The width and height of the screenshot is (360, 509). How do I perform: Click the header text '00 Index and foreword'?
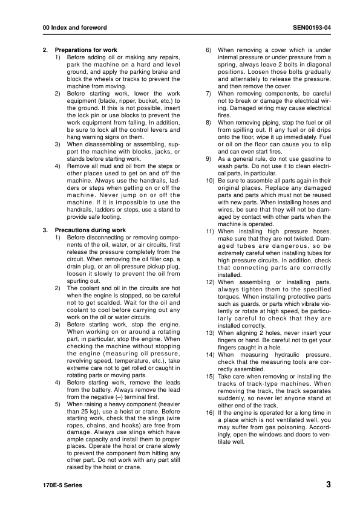click(71, 28)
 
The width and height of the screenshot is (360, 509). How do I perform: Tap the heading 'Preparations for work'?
click(86, 50)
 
